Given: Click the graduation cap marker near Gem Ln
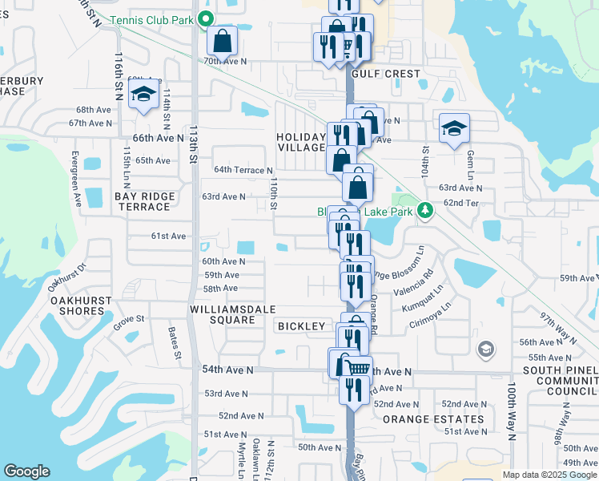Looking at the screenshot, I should pos(453,127).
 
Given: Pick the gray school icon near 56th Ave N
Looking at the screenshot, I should pos(484,350).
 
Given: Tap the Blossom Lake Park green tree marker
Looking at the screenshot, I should pos(425,211).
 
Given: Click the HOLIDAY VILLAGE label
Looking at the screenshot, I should pos(301,143).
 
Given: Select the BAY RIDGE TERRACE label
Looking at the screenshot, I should pos(143,201).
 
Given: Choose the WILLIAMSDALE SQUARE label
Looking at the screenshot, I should pos(222,314).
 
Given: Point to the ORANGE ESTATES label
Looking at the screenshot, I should pos(433,419).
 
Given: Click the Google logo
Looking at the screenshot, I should pos(26,471).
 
